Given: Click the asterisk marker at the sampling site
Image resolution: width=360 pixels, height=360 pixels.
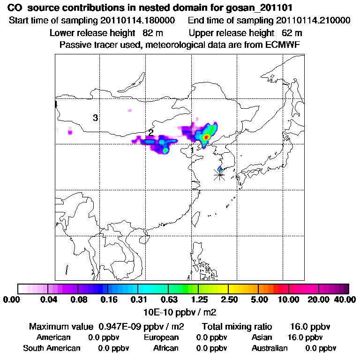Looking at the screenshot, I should [x=219, y=175].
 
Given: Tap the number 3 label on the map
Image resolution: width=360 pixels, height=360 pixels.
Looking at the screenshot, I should [x=95, y=118].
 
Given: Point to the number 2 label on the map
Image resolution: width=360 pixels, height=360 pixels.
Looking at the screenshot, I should [x=150, y=133].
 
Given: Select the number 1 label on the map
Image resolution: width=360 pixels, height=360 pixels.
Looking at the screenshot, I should [x=193, y=150].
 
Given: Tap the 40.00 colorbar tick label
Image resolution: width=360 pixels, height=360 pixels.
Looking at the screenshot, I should [x=344, y=300].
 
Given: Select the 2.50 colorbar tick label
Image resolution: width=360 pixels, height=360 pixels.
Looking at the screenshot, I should [x=229, y=300].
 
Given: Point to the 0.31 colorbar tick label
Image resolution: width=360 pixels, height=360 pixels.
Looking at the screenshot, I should [x=138, y=300].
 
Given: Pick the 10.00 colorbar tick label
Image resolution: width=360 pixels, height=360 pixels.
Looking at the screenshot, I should [x=289, y=300].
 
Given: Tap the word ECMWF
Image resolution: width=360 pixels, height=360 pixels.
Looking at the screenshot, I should [x=284, y=45].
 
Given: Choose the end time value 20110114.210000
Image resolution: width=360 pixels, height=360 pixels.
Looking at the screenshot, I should [x=313, y=21].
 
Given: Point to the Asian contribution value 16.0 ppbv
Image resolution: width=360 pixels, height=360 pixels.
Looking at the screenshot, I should [x=305, y=337].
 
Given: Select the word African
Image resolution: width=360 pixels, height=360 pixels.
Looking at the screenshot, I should [x=166, y=348].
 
